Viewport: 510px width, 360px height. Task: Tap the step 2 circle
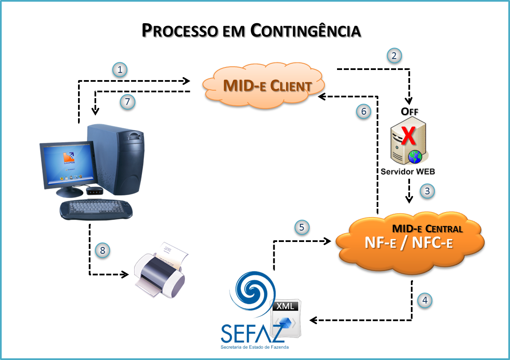(394, 56)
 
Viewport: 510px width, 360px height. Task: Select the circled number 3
(427, 191)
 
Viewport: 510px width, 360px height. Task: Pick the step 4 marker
(425, 300)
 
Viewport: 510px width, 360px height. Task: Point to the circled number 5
(302, 227)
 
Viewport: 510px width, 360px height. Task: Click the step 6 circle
(364, 111)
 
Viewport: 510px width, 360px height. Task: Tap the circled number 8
(102, 250)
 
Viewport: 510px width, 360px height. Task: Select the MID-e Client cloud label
(267, 86)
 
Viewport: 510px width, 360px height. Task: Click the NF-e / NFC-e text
(408, 242)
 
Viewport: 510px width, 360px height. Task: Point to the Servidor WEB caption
(407, 172)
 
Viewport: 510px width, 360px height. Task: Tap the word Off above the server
(409, 112)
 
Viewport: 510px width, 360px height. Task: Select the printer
(161, 270)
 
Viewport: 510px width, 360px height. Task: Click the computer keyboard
(96, 209)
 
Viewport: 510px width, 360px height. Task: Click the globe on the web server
(415, 157)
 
